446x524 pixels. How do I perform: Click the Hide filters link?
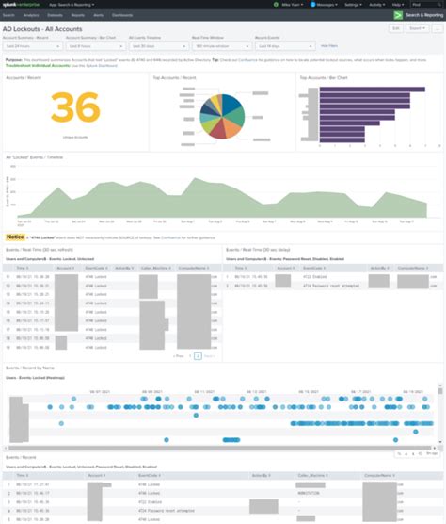pos(329,45)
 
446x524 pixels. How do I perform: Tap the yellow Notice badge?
pos(15,237)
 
